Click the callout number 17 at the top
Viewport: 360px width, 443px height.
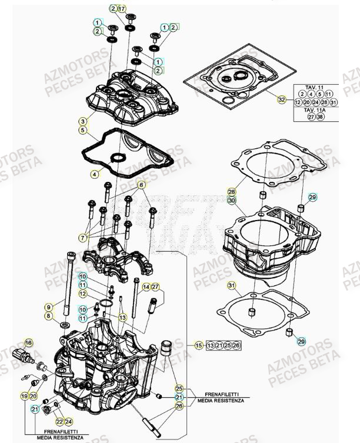[122, 9]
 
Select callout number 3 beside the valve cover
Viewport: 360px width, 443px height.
[83, 121]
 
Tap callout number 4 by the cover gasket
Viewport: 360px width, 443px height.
[95, 174]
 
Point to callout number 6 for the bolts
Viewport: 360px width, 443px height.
[142, 185]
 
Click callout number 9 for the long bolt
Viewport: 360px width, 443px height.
[49, 306]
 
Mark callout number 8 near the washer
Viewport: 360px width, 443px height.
[49, 317]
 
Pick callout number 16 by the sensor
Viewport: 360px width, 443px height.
[28, 342]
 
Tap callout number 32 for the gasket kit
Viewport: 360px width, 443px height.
[282, 99]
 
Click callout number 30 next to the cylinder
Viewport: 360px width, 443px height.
[232, 201]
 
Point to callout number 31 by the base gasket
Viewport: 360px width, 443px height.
[232, 286]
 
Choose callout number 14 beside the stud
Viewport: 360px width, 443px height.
[145, 287]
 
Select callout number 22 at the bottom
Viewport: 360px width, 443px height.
[59, 421]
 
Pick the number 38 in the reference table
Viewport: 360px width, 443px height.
[320, 117]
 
